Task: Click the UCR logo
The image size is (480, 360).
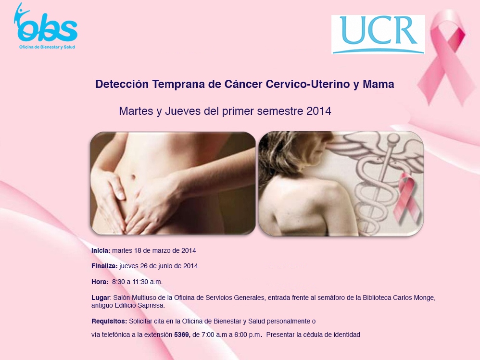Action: click(378, 35)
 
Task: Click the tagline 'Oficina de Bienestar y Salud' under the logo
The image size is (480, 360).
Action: click(47, 47)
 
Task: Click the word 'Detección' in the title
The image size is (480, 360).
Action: click(122, 84)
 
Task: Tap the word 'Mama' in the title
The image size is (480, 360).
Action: click(379, 84)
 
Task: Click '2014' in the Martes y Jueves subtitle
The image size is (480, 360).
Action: click(319, 111)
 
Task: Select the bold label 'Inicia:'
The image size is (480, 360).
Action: click(101, 250)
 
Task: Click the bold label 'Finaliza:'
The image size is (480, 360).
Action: click(104, 266)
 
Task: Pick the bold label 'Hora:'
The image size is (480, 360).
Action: click(100, 282)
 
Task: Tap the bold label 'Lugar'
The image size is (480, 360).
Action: click(101, 298)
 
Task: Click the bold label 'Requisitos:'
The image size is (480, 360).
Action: click(109, 322)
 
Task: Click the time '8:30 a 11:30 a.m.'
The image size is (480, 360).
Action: click(137, 282)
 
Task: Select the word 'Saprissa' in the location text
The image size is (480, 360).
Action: click(151, 305)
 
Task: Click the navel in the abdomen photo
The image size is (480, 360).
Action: click(133, 177)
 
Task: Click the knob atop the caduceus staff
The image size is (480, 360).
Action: click(393, 138)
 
